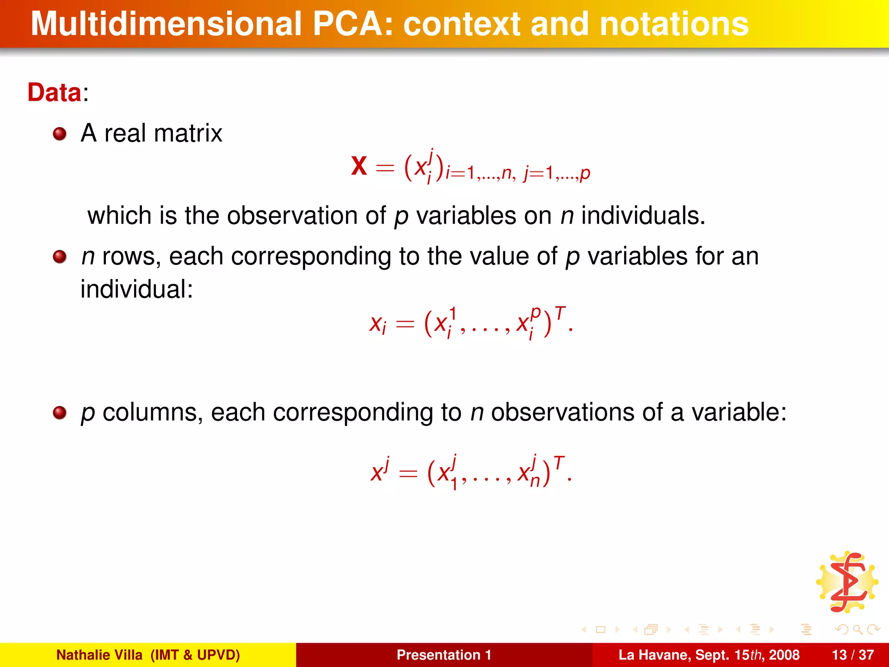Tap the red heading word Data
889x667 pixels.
[54, 92]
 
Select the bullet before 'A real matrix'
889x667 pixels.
[59, 134]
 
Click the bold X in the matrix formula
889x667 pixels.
[359, 166]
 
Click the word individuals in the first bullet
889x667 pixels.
[643, 215]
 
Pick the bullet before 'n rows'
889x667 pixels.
[59, 257]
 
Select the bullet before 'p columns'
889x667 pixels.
[59, 413]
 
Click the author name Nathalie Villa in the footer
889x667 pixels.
[99, 655]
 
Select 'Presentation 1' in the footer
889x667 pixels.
[444, 655]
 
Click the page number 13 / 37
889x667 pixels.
[853, 655]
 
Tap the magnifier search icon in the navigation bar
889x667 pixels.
[857, 629]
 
